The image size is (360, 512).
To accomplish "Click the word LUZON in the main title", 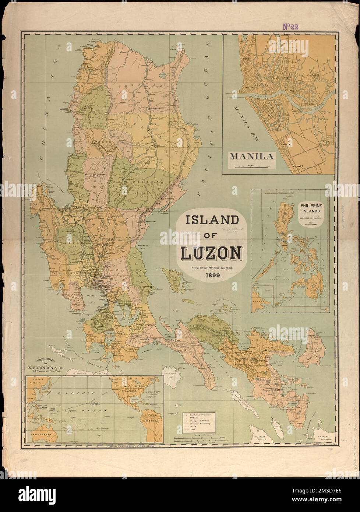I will coord(211,253).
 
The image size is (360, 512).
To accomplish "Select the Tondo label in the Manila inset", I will coord(246,58).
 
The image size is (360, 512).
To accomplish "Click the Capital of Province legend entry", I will coord(201,415).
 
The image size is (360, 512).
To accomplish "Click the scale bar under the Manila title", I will coord(252,166).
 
